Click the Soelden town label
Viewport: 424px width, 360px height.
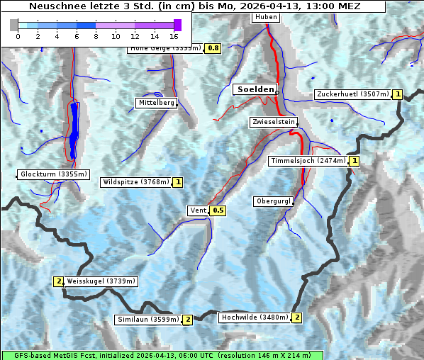point(255,89)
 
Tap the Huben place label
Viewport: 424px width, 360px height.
point(265,17)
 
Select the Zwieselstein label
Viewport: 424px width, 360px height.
point(273,122)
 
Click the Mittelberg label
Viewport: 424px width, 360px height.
point(156,103)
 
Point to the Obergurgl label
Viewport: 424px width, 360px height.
point(273,201)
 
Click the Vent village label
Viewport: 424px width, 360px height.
point(198,210)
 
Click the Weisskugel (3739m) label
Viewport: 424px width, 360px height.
point(101,281)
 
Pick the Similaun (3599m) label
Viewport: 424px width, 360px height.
point(147,320)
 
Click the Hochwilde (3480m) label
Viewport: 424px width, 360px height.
point(255,317)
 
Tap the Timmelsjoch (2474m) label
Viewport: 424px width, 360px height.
point(308,161)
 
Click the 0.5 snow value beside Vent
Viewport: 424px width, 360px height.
point(218,210)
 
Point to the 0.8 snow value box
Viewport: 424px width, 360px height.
point(213,48)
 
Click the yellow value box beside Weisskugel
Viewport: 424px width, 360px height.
point(59,281)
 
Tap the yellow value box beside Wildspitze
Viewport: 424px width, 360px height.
point(178,182)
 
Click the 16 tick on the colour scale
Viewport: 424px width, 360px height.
point(174,35)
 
